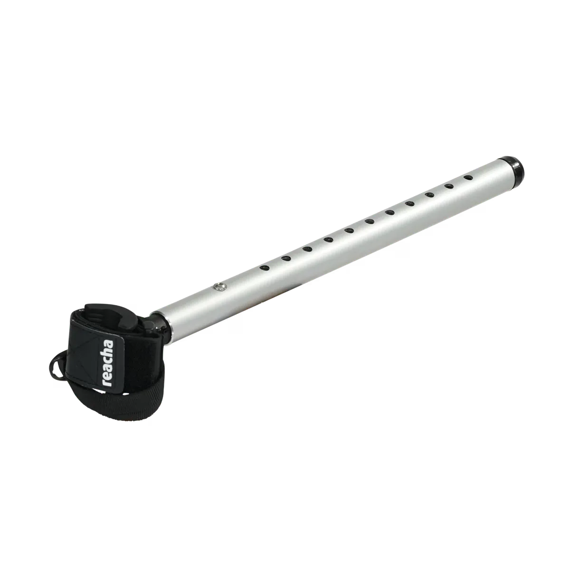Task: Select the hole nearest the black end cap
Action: [468, 178]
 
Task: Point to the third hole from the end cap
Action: [430, 194]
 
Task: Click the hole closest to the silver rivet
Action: [265, 268]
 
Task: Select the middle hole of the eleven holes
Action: [369, 221]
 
